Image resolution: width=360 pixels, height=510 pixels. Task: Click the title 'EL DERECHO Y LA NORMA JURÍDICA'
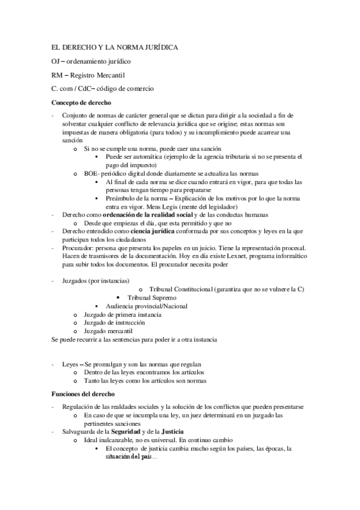tap(114, 48)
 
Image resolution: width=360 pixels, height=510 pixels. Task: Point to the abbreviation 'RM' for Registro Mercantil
tap(57, 75)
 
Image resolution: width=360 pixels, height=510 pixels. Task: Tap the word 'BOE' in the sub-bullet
tap(91, 173)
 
